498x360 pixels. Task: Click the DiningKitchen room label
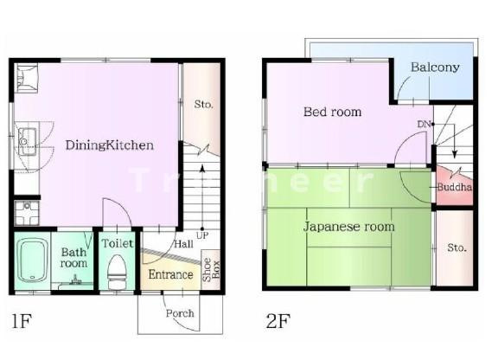[110, 145]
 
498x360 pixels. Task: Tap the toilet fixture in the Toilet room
[117, 272]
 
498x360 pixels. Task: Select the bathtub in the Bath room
[32, 260]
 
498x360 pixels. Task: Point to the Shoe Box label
[211, 270]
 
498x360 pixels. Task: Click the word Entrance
[170, 274]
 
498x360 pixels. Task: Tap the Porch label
[180, 313]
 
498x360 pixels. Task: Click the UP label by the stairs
[202, 235]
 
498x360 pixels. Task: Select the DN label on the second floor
[424, 124]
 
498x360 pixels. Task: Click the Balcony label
[435, 67]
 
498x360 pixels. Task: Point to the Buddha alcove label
[455, 187]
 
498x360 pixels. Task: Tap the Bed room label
[333, 112]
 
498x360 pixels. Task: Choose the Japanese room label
[348, 227]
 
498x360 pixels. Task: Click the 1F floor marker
[22, 320]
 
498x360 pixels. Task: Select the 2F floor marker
[278, 320]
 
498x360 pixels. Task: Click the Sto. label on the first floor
[203, 104]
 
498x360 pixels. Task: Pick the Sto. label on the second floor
[456, 247]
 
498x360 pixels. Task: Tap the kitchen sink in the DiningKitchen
[27, 141]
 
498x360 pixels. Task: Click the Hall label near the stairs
[184, 244]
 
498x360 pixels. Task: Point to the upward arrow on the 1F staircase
[202, 196]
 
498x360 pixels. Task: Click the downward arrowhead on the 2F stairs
[455, 154]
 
